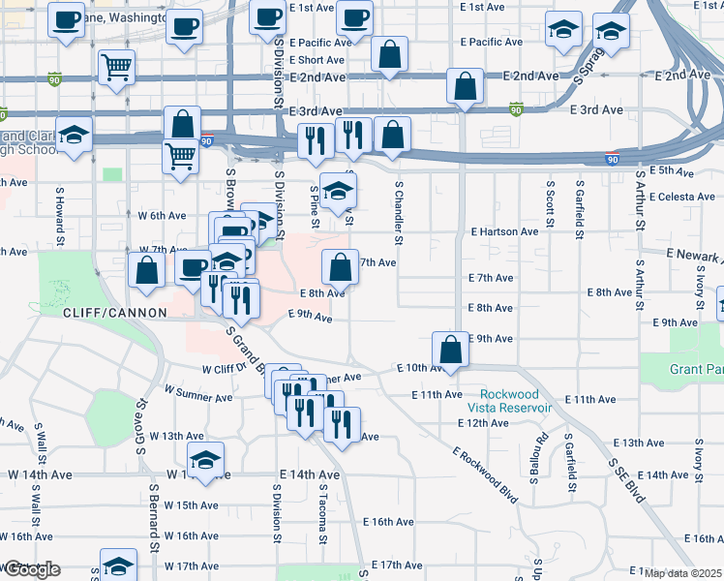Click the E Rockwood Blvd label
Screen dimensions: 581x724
tap(483, 474)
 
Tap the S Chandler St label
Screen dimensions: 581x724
tap(398, 210)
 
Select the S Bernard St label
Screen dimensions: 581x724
tap(154, 523)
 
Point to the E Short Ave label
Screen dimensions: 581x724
tap(299, 59)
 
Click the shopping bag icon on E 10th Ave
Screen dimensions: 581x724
tap(451, 350)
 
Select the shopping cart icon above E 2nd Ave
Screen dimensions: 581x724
tap(116, 67)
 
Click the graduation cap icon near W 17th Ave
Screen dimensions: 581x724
tap(119, 565)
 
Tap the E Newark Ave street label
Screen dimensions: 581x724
tap(693, 254)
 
